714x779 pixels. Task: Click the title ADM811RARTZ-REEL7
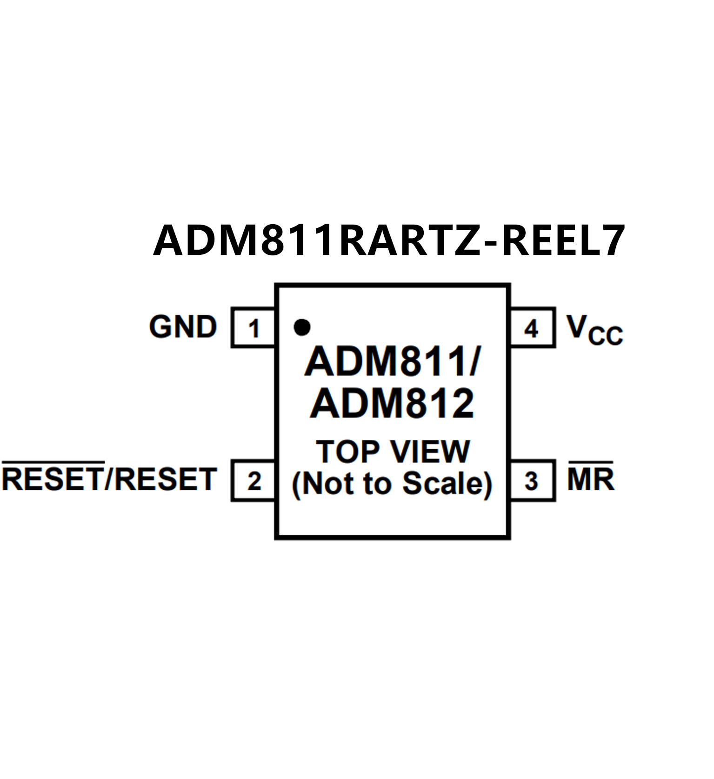click(x=389, y=240)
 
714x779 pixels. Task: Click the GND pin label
click(x=183, y=326)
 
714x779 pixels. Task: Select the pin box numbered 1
click(x=253, y=328)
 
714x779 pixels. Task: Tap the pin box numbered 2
click(x=253, y=480)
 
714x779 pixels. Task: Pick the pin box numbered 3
click(x=532, y=480)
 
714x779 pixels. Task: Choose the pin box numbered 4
click(x=532, y=328)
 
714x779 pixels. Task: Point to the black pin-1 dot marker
click(x=302, y=327)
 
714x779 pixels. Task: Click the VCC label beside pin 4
click(x=594, y=329)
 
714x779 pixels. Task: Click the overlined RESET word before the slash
click(x=53, y=479)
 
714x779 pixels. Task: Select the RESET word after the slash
click(x=166, y=479)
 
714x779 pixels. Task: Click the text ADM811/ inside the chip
click(x=393, y=362)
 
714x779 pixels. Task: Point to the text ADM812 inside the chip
click(x=392, y=404)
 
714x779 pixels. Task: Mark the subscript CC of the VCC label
click(x=605, y=336)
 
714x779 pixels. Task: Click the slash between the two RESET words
click(x=109, y=479)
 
